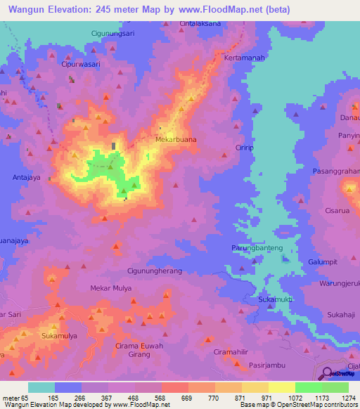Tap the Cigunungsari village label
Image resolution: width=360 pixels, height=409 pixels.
(117, 33)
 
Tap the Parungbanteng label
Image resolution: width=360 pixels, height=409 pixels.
(257, 248)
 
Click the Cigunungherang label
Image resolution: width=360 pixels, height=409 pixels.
(154, 271)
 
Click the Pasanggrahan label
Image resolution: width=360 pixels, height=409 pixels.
(336, 171)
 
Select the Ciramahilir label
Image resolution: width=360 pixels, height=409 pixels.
(231, 351)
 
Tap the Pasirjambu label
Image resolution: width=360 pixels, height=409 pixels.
(265, 365)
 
